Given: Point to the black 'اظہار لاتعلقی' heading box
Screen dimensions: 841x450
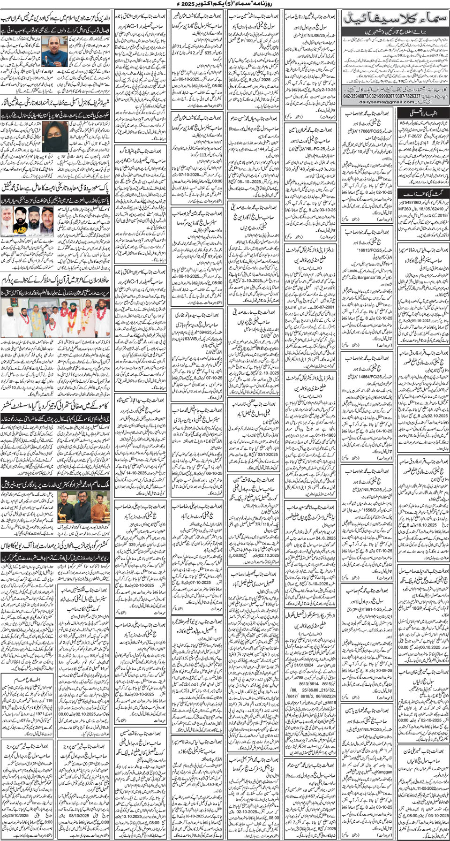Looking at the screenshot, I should tap(423, 113).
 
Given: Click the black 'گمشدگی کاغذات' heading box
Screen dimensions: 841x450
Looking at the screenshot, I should tap(423, 194).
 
